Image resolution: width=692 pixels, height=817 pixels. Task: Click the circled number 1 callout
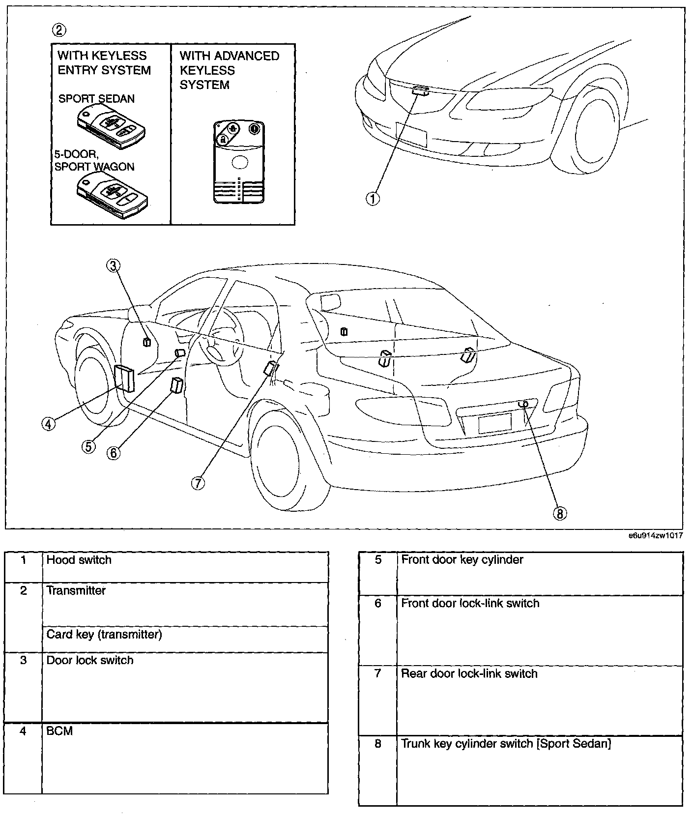click(373, 199)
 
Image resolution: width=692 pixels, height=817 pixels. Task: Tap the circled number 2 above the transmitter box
click(59, 30)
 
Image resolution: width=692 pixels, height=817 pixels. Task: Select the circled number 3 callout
click(114, 266)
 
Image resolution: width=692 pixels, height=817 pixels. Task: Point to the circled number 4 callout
click(48, 423)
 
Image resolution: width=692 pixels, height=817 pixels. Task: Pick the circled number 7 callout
click(198, 483)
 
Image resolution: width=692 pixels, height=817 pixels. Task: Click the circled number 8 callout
click(560, 514)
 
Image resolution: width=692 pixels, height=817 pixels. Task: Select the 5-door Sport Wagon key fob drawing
click(112, 194)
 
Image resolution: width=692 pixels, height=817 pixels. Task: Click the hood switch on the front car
click(420, 90)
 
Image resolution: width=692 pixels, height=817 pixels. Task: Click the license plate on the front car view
click(411, 134)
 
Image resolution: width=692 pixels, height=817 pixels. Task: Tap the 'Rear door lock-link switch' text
click(469, 673)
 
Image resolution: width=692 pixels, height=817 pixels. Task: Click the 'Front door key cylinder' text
click(462, 559)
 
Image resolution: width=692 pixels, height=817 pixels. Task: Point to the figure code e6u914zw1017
click(655, 536)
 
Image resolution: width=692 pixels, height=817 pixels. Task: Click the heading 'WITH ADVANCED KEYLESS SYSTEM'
click(229, 70)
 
